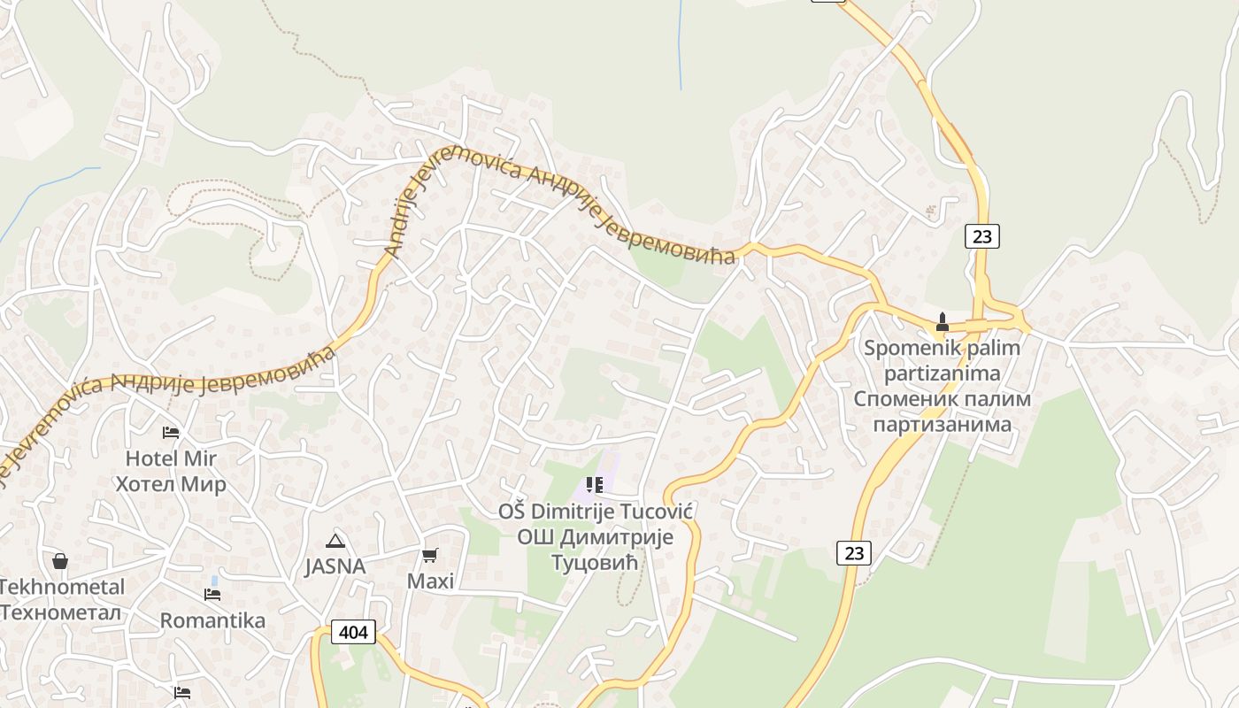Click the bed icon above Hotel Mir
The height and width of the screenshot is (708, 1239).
click(171, 432)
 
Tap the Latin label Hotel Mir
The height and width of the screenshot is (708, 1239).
click(171, 458)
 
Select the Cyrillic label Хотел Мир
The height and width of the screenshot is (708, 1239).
click(171, 484)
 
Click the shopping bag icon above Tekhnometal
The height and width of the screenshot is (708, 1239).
click(60, 560)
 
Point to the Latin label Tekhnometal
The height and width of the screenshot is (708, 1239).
click(62, 587)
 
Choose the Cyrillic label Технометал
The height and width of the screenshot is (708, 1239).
click(62, 612)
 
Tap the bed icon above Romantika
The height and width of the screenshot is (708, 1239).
click(212, 594)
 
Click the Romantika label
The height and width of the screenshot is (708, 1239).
click(212, 620)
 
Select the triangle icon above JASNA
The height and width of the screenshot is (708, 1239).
click(335, 541)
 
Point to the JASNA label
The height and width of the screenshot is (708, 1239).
click(335, 566)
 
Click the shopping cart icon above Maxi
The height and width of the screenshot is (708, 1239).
click(430, 555)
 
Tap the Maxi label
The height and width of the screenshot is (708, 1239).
click(430, 581)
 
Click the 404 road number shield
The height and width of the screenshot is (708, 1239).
click(353, 632)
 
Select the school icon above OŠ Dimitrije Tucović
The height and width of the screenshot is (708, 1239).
click(595, 484)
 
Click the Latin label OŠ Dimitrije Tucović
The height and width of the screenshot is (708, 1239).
click(595, 512)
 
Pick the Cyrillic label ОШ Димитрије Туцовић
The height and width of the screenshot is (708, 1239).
click(595, 550)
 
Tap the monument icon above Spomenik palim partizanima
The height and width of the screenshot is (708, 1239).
click(943, 321)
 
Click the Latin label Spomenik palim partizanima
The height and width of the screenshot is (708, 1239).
click(943, 360)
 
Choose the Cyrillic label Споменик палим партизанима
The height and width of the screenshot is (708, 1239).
click(943, 412)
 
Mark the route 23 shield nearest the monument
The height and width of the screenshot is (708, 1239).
click(982, 236)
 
